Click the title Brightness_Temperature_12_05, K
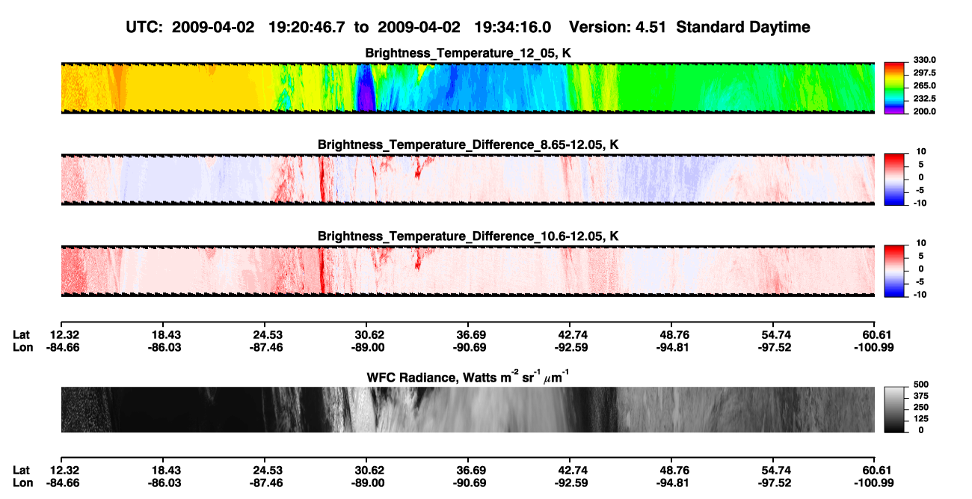click(468, 53)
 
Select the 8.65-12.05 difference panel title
click(468, 144)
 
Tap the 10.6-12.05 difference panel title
click(468, 236)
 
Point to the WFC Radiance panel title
click(468, 376)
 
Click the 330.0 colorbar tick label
click(924, 60)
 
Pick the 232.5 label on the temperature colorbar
click(924, 99)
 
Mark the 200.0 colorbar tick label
click(924, 111)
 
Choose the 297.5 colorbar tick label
click(924, 73)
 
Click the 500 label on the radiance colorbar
click(921, 385)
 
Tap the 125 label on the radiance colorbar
click(921, 419)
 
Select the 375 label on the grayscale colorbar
click(921, 396)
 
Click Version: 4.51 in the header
click(617, 27)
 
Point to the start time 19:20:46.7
click(307, 27)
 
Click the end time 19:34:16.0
click(512, 27)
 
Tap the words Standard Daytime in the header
click(743, 27)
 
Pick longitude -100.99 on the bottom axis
click(874, 483)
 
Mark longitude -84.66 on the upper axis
click(63, 347)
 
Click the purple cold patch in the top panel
click(366, 94)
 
